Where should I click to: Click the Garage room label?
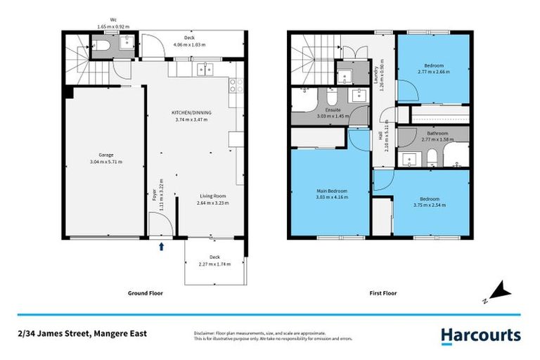(x=105, y=155)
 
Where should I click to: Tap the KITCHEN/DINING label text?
(x=192, y=112)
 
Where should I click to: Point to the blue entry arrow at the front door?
(x=162, y=246)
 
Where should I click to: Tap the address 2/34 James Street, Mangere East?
(x=82, y=333)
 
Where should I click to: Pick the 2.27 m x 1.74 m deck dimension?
(x=214, y=264)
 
